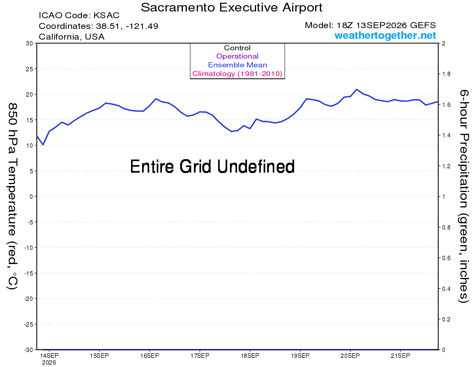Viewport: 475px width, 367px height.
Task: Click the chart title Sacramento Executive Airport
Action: (232, 8)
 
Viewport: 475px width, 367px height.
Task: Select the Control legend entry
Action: (237, 48)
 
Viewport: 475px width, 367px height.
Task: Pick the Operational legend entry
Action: (237, 56)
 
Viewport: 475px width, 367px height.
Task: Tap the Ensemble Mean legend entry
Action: (237, 65)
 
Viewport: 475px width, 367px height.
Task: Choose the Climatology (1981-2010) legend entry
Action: (237, 74)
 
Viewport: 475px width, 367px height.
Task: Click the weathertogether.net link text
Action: (385, 35)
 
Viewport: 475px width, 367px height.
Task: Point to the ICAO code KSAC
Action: (106, 15)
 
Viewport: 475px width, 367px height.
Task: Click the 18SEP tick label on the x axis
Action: (250, 356)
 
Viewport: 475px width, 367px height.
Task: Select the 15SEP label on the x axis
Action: (99, 356)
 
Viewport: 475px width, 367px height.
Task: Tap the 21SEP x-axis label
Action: (400, 356)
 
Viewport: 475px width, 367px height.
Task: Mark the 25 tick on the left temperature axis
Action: (29, 69)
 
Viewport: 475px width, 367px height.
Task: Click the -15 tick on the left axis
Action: (28, 274)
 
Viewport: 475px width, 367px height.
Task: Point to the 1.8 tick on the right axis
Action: (446, 74)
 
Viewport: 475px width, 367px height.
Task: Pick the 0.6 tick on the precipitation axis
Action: (446, 258)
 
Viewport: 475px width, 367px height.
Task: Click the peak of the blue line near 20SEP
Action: (357, 89)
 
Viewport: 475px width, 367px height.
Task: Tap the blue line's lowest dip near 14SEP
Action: (43, 145)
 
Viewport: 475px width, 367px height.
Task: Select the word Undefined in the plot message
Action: (256, 166)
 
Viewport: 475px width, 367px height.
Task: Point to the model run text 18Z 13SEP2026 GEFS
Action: (386, 25)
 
